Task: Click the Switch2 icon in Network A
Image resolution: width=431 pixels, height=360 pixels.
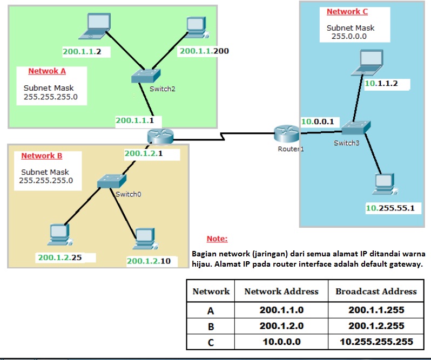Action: tap(146, 76)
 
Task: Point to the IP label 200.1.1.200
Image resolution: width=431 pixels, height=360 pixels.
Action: tap(204, 51)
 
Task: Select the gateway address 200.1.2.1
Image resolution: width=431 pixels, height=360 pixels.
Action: tap(144, 153)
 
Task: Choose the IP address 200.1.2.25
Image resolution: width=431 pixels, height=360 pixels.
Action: tap(59, 257)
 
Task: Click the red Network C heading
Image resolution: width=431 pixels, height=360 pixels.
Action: tap(347, 11)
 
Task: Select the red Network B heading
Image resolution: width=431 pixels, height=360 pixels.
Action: tap(42, 156)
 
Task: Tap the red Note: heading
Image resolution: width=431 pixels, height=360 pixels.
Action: tap(217, 239)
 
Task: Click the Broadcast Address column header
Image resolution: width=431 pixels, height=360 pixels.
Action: tap(376, 291)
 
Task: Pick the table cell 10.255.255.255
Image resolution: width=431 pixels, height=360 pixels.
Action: tap(376, 342)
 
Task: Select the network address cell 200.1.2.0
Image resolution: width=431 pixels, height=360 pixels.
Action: tap(281, 326)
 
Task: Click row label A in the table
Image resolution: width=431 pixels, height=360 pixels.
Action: tap(211, 310)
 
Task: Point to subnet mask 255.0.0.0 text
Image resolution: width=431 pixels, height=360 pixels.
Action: tap(349, 37)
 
